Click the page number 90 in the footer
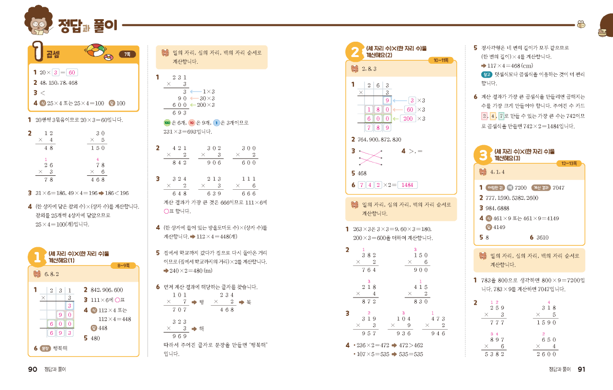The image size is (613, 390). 33,369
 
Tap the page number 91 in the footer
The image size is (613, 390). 581,369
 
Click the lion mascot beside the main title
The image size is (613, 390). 39,22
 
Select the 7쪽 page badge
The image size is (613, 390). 127,55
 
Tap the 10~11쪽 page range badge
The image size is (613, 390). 441,60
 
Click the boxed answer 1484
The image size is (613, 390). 408,185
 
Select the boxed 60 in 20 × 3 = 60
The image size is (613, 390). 72,72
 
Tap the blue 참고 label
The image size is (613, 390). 487,74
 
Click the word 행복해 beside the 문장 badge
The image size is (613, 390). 60,348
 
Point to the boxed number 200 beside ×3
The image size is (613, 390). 408,119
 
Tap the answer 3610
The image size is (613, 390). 543,238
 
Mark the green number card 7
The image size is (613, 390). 501,116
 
